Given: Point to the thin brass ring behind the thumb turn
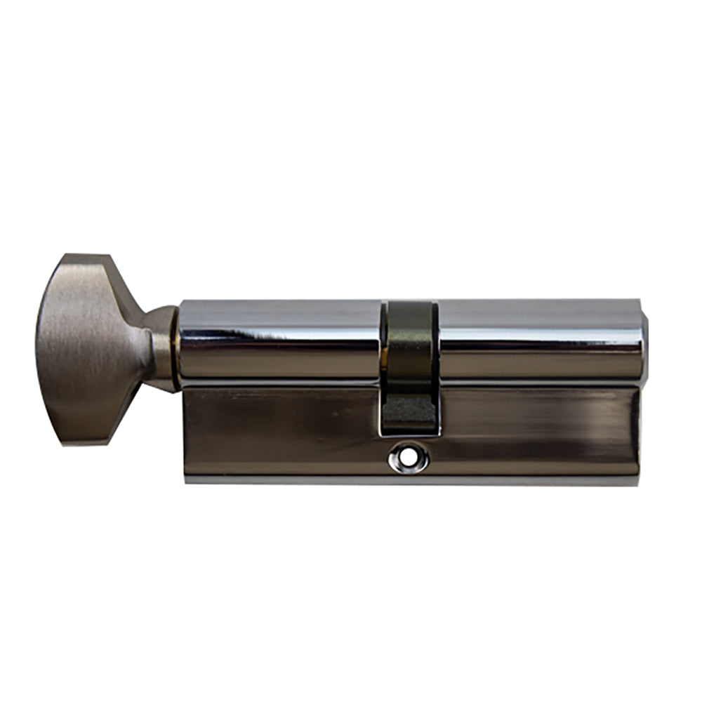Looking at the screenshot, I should tap(173, 347).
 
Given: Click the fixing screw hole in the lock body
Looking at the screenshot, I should tap(409, 460).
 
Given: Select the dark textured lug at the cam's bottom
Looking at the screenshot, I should tap(409, 414).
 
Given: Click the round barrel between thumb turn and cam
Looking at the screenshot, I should tap(281, 340).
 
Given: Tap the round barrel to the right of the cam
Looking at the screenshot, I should tap(537, 340).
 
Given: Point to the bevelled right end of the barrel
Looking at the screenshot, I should tap(644, 340).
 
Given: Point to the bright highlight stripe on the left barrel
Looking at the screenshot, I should tap(281, 331).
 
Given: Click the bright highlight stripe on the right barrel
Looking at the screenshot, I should tap(537, 331).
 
